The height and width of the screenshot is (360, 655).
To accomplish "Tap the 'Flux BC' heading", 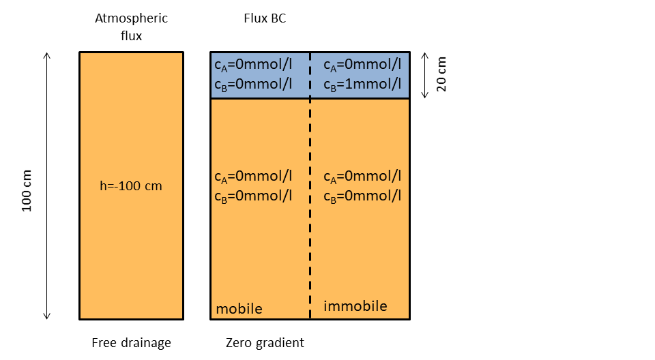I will [x=265, y=18].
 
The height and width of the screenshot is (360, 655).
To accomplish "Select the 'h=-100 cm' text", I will [x=131, y=185].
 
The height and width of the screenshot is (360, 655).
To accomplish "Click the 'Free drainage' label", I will [x=131, y=342].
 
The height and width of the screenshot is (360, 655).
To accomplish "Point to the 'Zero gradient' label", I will [x=265, y=342].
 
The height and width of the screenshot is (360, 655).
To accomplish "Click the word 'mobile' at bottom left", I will [x=239, y=309].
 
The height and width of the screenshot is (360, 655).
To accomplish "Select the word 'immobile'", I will [x=355, y=306].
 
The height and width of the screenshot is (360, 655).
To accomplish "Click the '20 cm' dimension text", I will [x=441, y=74].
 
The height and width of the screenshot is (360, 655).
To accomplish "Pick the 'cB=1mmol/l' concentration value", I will [x=362, y=84].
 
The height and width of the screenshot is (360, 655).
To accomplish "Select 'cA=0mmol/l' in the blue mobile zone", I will [x=253, y=65].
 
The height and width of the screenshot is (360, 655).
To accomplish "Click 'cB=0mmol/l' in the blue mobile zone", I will [x=253, y=84].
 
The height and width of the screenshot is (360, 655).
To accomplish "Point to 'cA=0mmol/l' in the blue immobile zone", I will [x=362, y=65].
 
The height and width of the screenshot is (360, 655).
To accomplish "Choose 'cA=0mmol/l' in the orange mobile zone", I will [x=253, y=176].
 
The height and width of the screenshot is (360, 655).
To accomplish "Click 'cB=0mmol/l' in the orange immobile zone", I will [x=362, y=196].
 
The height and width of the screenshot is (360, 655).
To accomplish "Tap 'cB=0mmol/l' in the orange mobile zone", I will [x=253, y=196].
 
